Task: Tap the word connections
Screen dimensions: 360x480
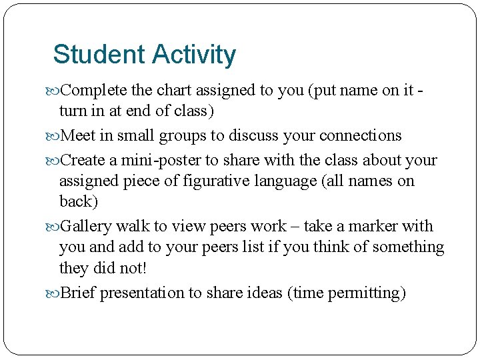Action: point(361,136)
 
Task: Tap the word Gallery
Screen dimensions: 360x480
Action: point(87,226)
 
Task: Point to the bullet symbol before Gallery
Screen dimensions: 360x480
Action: point(55,227)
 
